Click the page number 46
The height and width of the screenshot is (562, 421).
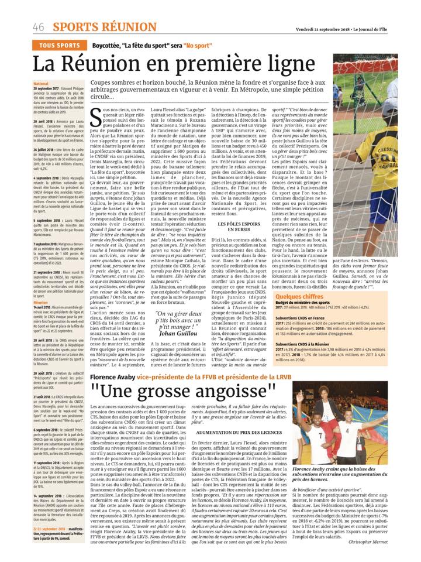39,27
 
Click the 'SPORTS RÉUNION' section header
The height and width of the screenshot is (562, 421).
96,27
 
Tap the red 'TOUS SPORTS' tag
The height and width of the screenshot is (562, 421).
60,45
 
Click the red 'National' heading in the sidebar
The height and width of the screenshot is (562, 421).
41,84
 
